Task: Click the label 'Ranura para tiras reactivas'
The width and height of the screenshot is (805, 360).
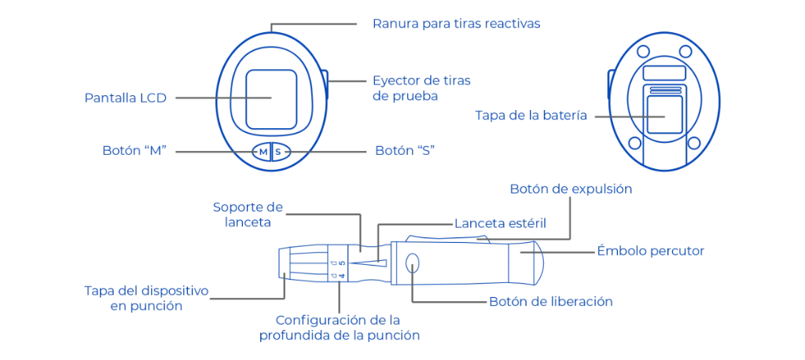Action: point(456,24)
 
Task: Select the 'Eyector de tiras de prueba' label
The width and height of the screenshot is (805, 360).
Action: point(421,88)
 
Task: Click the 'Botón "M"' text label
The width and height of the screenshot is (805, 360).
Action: point(134,150)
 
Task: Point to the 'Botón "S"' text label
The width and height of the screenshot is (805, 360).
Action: point(404,150)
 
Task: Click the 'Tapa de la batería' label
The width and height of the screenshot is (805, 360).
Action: point(531,116)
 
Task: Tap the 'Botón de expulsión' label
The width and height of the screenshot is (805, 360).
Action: point(571,189)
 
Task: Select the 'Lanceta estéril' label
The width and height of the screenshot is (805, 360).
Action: point(500,224)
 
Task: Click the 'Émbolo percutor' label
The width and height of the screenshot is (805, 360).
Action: point(650,252)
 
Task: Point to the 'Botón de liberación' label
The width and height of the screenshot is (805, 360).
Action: point(550,301)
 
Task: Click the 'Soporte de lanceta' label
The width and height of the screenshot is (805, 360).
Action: point(248,215)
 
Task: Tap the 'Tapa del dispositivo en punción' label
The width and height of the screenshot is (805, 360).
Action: point(146,299)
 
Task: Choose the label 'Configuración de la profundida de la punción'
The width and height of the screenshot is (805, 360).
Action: point(339,328)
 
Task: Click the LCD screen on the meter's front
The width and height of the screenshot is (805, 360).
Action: point(271,98)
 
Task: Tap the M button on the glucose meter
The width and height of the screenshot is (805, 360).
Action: point(263,151)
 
